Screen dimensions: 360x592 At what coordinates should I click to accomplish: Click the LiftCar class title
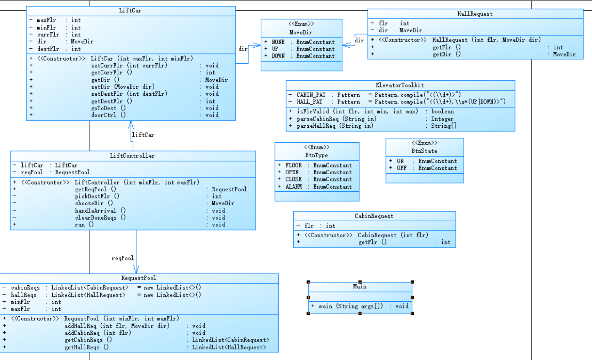tap(130, 11)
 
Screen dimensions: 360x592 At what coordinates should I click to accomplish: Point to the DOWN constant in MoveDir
tap(278, 56)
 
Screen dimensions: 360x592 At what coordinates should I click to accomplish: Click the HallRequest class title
tap(475, 14)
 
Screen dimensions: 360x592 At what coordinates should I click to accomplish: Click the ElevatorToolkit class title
tap(400, 85)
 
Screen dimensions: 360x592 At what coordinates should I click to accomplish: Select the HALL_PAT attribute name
tap(309, 102)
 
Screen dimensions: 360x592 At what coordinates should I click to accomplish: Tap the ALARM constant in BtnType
tap(293, 187)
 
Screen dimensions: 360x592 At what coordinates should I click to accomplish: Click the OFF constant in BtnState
tap(401, 168)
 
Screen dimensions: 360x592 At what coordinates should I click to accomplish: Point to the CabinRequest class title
tap(374, 216)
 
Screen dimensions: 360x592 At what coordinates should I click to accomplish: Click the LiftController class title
tap(132, 156)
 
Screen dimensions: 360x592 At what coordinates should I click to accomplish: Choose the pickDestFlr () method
tap(97, 196)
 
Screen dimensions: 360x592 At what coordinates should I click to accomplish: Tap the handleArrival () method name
tap(100, 211)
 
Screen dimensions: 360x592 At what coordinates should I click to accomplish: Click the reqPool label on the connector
tap(122, 258)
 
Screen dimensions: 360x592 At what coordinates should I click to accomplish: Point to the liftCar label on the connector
tap(143, 135)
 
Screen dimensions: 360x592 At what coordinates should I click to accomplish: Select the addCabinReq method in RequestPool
tap(97, 333)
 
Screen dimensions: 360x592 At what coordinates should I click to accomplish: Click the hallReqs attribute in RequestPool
tap(23, 295)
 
